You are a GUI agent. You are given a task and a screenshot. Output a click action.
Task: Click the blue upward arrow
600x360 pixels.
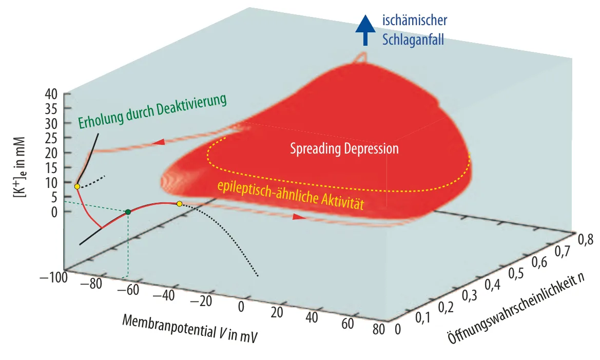click(365, 30)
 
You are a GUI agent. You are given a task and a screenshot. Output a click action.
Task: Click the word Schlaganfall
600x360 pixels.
click(413, 40)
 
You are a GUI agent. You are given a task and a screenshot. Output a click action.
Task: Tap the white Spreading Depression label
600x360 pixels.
click(344, 148)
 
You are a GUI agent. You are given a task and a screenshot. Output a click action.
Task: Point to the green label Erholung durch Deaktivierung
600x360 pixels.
click(152, 111)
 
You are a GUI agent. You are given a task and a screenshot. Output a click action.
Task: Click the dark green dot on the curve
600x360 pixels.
click(128, 212)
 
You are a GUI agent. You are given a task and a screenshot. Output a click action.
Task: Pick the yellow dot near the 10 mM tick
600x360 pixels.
click(77, 186)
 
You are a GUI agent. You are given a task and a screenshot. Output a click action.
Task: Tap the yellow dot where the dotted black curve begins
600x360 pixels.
click(179, 204)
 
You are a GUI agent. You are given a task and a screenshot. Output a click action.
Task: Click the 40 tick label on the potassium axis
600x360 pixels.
click(51, 94)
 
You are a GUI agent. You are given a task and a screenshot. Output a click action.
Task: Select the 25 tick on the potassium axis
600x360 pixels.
click(51, 138)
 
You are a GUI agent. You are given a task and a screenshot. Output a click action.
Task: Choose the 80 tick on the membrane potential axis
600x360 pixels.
click(379, 329)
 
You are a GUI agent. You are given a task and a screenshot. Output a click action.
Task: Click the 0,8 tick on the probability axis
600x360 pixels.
click(586, 240)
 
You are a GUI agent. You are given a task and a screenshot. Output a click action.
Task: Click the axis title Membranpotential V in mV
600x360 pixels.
click(190, 328)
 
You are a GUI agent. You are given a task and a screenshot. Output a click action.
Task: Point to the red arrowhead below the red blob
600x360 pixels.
click(299, 217)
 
